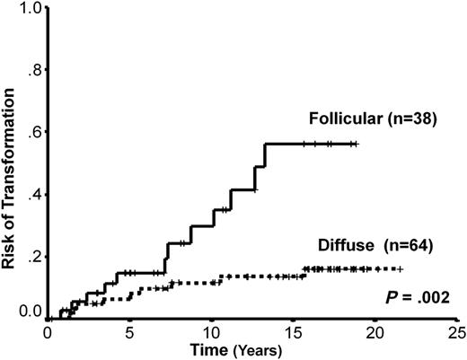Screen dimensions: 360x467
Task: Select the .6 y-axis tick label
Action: (x=35, y=133)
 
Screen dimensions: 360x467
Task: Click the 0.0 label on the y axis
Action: (x=31, y=312)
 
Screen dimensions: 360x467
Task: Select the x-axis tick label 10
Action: (x=211, y=331)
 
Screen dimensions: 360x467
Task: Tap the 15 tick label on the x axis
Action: (x=293, y=331)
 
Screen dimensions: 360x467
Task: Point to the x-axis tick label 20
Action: (x=374, y=331)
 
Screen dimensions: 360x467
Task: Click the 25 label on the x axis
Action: (x=455, y=331)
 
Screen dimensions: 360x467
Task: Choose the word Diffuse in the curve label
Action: (x=341, y=243)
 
